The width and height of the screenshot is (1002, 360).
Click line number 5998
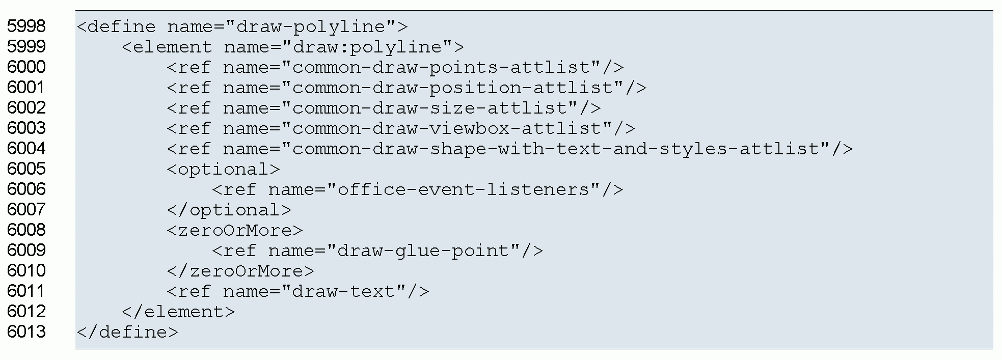pyautogui.click(x=26, y=26)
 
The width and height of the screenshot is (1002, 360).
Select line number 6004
pyautogui.click(x=26, y=148)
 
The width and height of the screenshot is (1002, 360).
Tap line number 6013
pyautogui.click(x=26, y=331)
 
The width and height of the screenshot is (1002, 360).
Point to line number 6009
pyautogui.click(x=26, y=250)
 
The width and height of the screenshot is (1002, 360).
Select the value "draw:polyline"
pyautogui.click(x=367, y=46)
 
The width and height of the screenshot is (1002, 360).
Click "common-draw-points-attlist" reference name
pyautogui.click(x=446, y=67)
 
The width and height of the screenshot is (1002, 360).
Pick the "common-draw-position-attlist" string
pyautogui.click(x=457, y=87)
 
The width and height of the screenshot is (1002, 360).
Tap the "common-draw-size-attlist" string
pyautogui.click(x=435, y=107)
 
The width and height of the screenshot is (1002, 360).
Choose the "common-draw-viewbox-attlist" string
pyautogui.click(x=452, y=128)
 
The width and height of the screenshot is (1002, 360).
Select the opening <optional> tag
pyautogui.click(x=223, y=169)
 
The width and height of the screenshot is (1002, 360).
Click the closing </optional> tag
pyautogui.click(x=229, y=209)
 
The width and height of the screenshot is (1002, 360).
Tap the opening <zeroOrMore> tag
pyautogui.click(x=234, y=230)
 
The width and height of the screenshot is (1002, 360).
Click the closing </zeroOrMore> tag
pyautogui.click(x=240, y=270)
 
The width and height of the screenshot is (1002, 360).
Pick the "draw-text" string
pyautogui.click(x=344, y=291)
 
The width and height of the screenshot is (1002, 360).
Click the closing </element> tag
pyautogui.click(x=178, y=311)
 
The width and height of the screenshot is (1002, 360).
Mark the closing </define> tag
pyautogui.click(x=127, y=331)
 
